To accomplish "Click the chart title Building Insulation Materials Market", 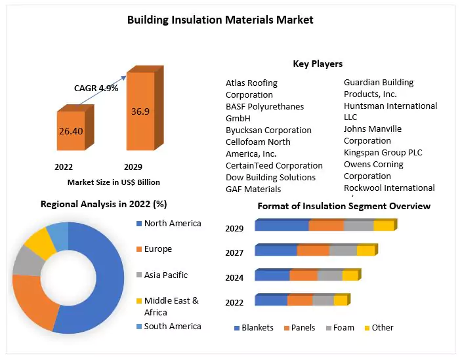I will pos(220,20).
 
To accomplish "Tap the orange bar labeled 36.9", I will pos(140,111).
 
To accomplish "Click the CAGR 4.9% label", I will pos(96,88).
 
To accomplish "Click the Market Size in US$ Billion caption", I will pos(114,182).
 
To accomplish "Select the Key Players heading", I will pos(318,64).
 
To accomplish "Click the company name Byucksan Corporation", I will pos(268,130).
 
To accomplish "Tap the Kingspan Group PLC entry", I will pos(383,152).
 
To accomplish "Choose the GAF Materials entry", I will pos(253,189).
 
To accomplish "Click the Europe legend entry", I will pos(157,249).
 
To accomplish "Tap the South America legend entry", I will pos(172,326).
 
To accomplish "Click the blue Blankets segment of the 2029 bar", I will pos(282,226).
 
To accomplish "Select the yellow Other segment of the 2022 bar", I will pos(340,300).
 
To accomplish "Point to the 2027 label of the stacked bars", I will pos(234,253).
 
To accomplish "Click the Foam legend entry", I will pos(343,327).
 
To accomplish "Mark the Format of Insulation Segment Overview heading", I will pos(344,206).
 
